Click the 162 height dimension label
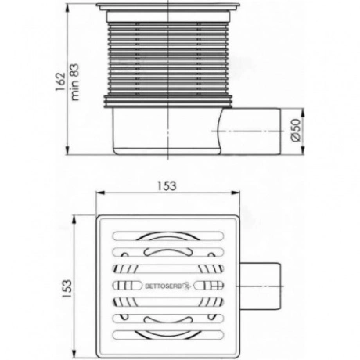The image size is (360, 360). coord(60,81)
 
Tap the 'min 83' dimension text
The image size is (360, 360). coord(74,82)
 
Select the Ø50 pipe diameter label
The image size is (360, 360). coord(296,131)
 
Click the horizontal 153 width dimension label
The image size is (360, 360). coord(167,186)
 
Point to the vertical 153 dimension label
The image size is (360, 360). coord(67,289)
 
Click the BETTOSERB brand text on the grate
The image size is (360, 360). coord(164,286)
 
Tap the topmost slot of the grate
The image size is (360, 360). coord(168,236)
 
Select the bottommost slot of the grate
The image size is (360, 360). coord(168,335)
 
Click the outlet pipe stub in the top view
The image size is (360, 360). coord(261,286)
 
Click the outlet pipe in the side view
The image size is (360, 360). coord(250,131)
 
